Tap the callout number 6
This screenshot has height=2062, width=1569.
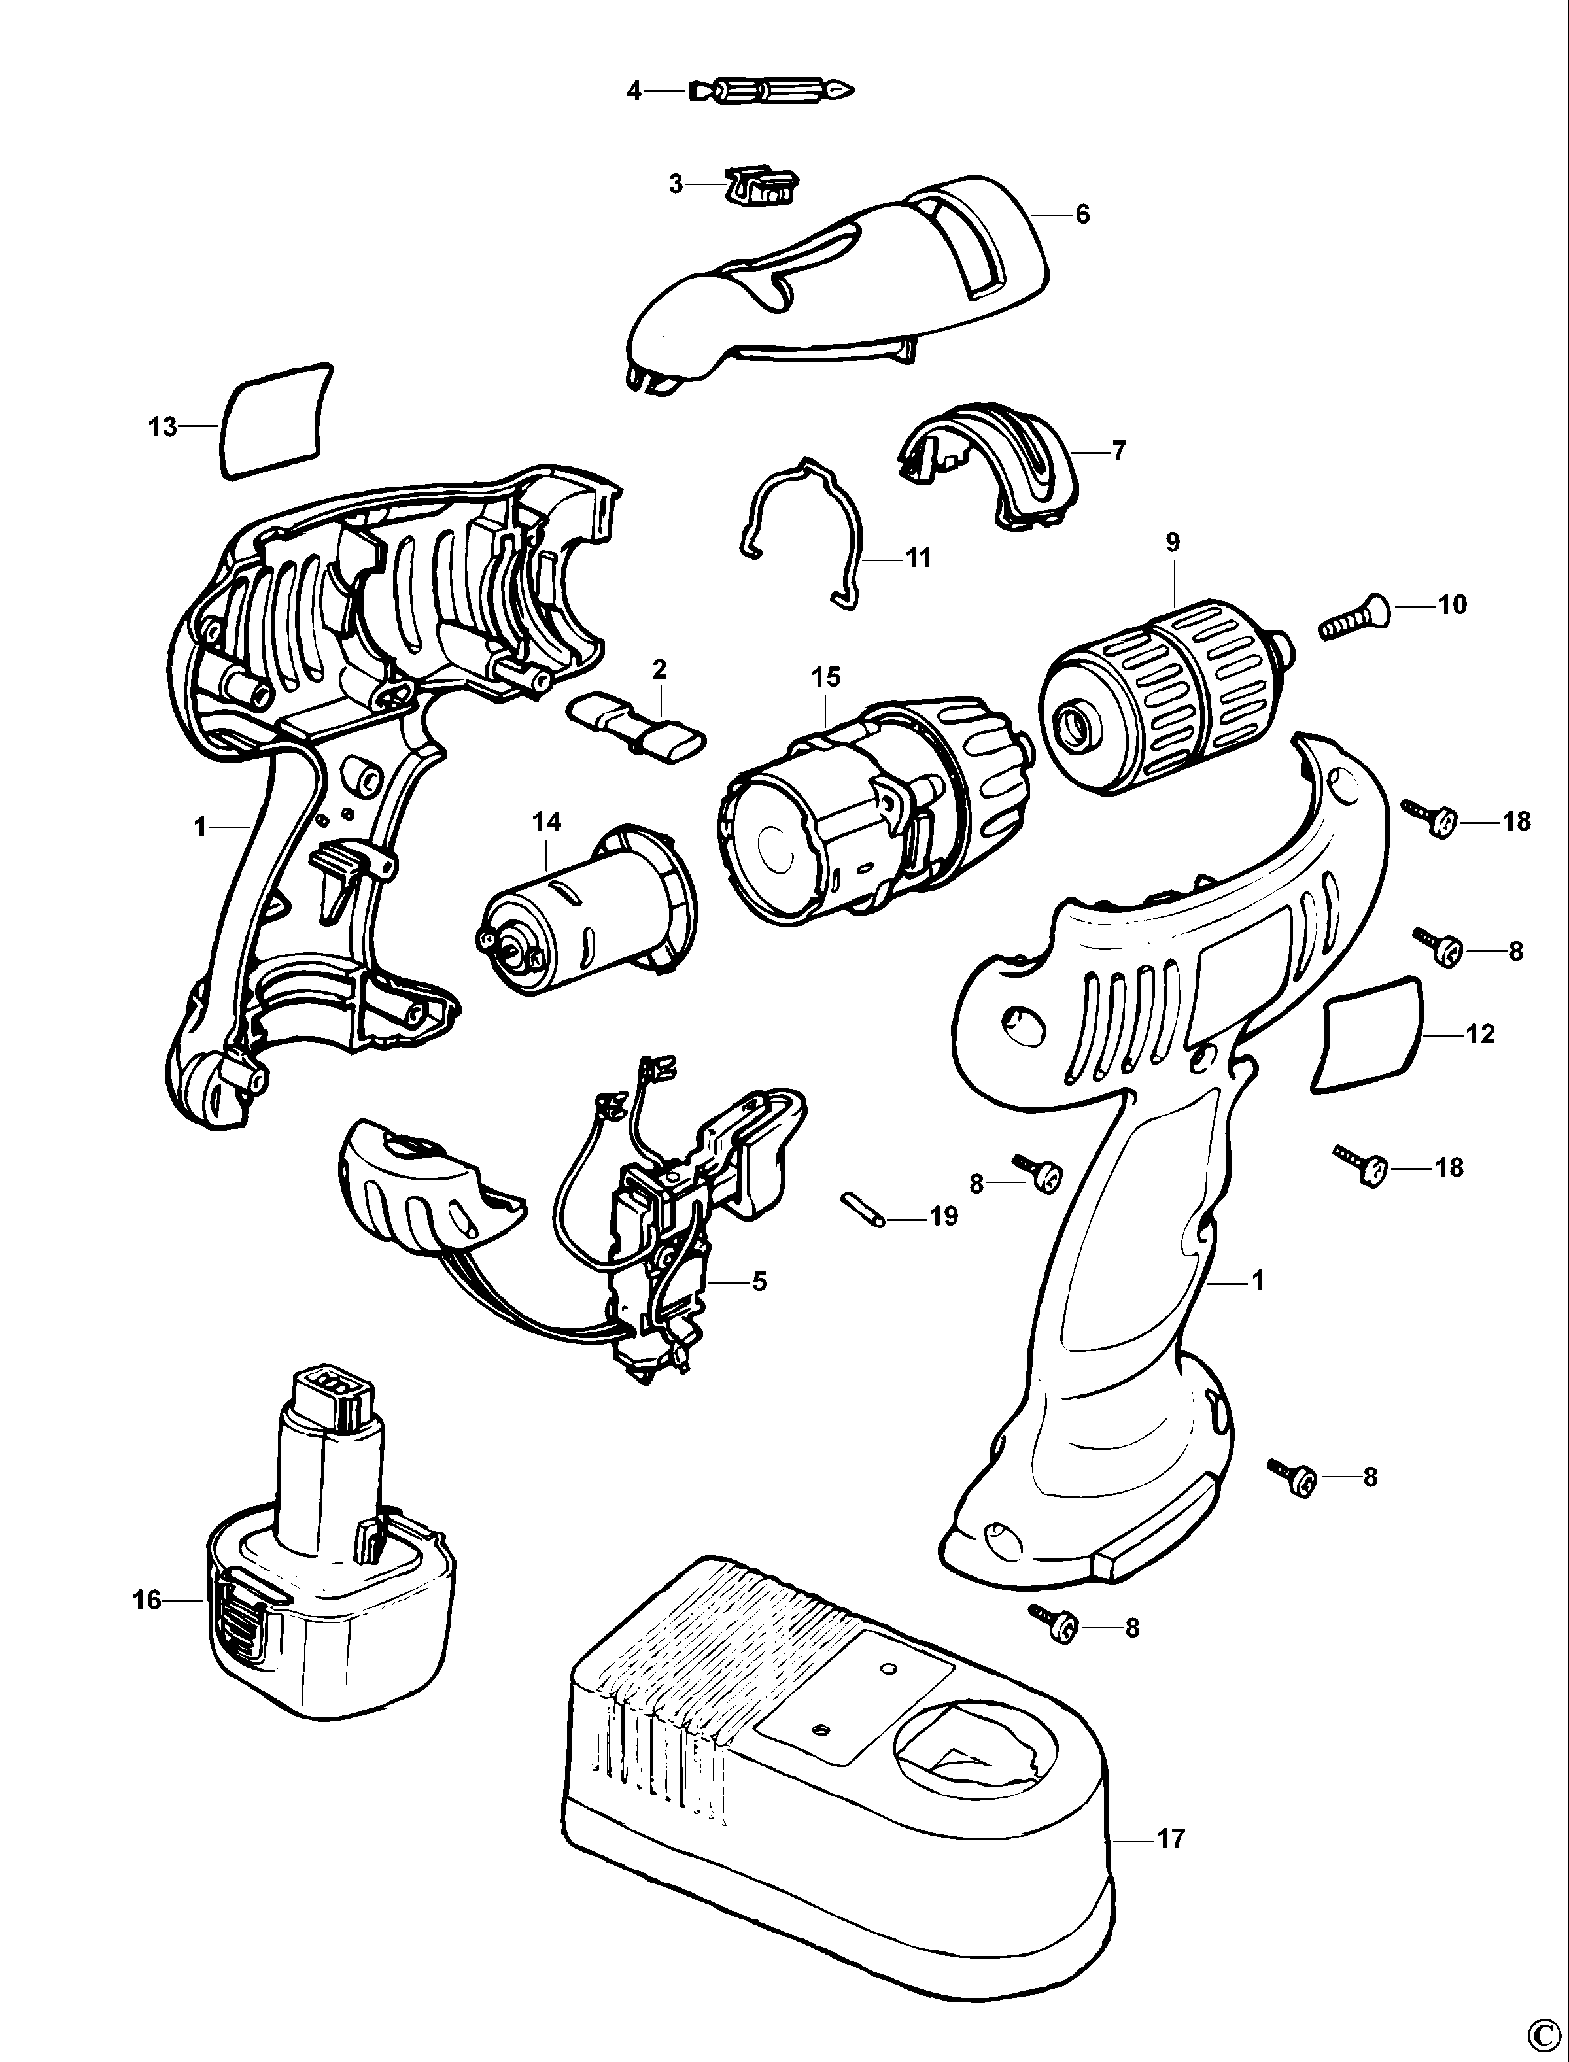point(1082,215)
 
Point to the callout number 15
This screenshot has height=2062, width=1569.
point(827,678)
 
